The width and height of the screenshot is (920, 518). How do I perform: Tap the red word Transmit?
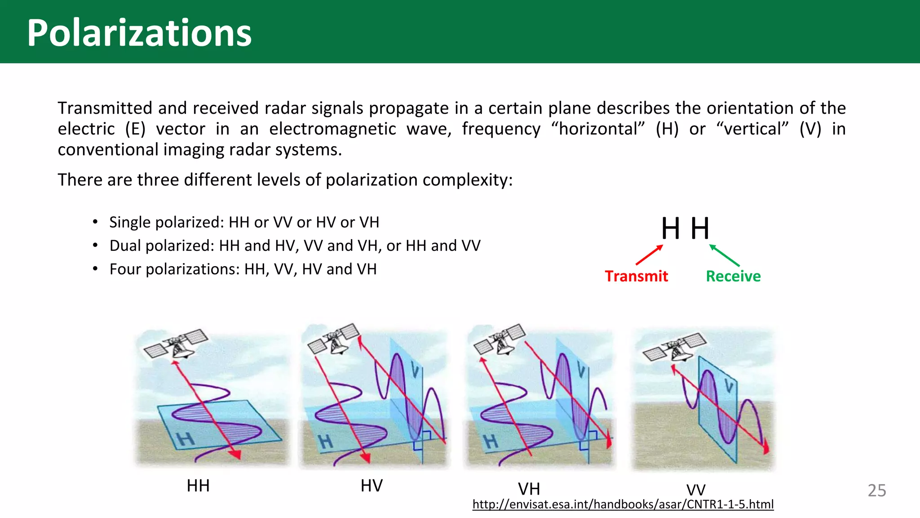coord(636,276)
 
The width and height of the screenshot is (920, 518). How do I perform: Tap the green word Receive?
coord(733,276)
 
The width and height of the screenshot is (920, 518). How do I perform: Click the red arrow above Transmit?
coord(650,255)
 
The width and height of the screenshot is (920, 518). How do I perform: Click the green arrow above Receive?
coord(724,255)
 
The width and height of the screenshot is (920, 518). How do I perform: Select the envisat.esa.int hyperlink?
coord(623,505)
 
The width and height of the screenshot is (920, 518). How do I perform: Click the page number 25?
coord(876,491)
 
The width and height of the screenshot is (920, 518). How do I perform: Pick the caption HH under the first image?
coord(198,486)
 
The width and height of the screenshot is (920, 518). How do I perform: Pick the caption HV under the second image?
coord(372,486)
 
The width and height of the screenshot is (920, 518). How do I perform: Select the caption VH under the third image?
coord(529,489)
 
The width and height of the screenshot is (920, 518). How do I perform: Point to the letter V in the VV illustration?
coord(728,385)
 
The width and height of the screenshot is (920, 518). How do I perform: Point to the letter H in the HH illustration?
coord(184,438)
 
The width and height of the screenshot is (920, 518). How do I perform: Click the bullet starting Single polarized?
coord(244,222)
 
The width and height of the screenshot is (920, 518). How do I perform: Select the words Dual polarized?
coord(161,246)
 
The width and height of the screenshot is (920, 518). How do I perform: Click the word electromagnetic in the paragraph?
coord(332,129)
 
